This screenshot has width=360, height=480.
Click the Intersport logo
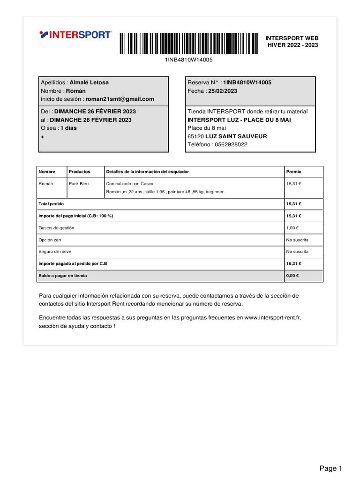point(75,35)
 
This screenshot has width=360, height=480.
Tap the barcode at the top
point(188,44)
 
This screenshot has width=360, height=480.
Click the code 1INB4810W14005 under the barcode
point(188,60)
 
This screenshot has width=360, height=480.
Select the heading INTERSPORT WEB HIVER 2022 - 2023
point(292,41)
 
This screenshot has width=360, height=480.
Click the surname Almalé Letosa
point(89,82)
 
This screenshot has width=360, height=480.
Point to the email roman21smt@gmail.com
point(120,99)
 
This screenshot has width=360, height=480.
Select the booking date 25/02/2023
point(225,91)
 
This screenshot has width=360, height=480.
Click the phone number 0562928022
point(231,144)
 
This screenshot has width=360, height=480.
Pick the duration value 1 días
point(68,128)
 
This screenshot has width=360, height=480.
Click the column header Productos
point(79,172)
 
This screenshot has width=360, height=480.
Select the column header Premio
point(293,172)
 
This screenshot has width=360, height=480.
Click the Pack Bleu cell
point(79,184)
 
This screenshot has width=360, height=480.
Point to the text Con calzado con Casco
point(130,184)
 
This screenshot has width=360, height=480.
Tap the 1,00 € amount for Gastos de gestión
point(293,228)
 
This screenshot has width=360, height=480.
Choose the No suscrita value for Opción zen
point(297,240)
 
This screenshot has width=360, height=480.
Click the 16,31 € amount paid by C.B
point(293,264)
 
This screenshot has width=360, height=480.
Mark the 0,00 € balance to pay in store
point(292,276)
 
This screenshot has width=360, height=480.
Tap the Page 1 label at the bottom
point(331,468)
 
